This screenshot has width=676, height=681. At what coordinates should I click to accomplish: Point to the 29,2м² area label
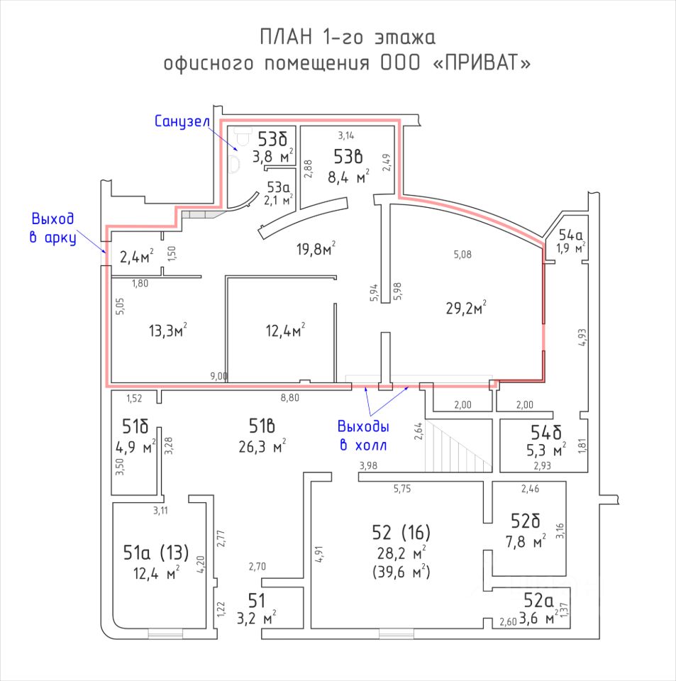[465, 307]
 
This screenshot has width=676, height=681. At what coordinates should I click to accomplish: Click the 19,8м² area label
[315, 248]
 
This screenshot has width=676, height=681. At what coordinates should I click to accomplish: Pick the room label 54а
[571, 235]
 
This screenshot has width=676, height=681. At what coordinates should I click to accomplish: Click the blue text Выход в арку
[53, 228]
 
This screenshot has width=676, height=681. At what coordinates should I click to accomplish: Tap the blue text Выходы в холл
[362, 436]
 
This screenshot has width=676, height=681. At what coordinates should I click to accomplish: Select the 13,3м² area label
[167, 330]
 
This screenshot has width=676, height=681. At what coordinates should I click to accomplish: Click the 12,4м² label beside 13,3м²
[284, 330]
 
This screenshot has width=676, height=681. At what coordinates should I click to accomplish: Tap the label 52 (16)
[401, 532]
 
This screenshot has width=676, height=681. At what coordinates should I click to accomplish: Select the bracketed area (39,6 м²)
[402, 572]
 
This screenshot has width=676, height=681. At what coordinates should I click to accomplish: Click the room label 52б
[526, 521]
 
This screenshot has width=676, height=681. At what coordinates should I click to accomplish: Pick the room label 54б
[546, 432]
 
